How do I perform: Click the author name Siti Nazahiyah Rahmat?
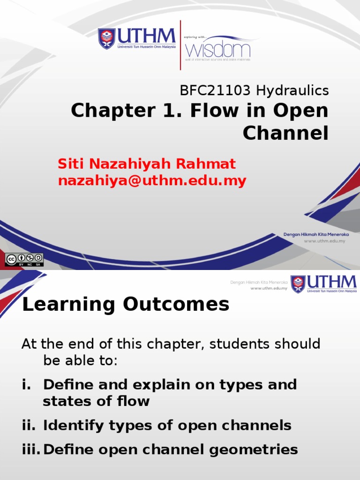pos(147,164)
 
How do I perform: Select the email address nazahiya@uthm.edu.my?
pos(152,181)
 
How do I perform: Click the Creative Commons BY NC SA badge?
pos(24,260)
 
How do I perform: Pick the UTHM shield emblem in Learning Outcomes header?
pos(298,284)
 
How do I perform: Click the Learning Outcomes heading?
pos(126,305)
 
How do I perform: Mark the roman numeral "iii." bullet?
pos(31,450)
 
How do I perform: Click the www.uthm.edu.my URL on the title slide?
pos(324,241)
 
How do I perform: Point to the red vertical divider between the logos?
pos(180,45)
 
